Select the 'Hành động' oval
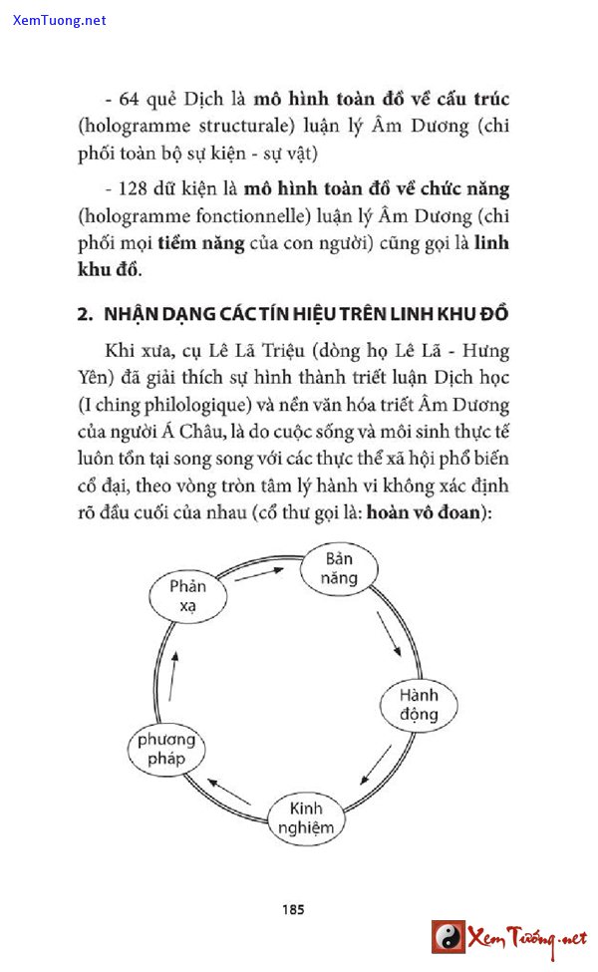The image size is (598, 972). [419, 704]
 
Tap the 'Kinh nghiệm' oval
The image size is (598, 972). [306, 816]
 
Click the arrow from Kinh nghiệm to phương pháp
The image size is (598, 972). [230, 792]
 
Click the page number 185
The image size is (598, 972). [293, 909]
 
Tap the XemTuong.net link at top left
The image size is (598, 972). [60, 20]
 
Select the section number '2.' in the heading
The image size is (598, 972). [86, 314]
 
